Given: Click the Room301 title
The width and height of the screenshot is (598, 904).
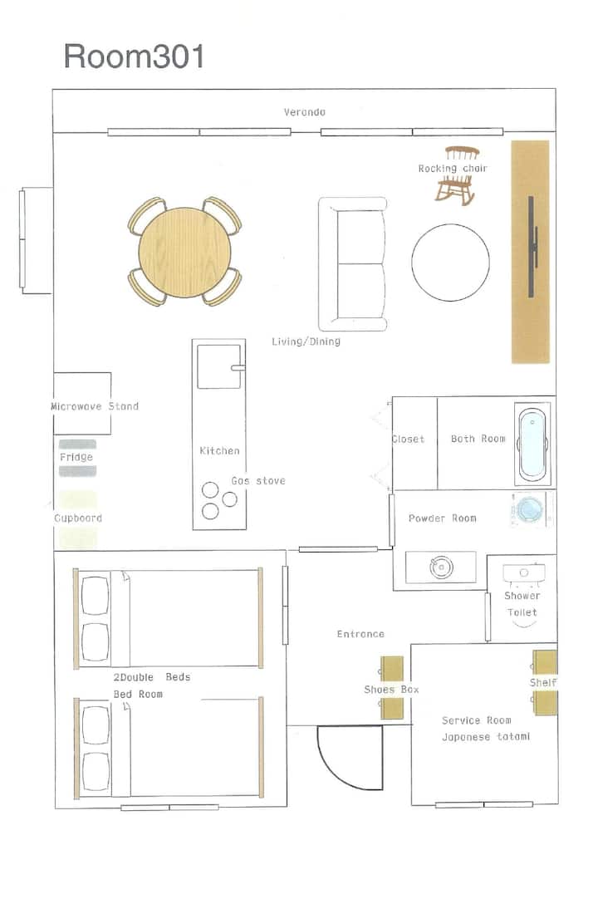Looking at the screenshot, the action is [x=134, y=56].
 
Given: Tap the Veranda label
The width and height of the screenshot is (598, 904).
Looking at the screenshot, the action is [x=304, y=112].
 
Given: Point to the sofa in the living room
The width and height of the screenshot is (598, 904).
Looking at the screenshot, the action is [x=353, y=264].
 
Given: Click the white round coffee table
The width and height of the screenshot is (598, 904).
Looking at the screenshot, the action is [x=450, y=263].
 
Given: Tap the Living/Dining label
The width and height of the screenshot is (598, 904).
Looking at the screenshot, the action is [x=306, y=341].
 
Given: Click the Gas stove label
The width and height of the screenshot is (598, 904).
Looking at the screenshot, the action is [x=258, y=480].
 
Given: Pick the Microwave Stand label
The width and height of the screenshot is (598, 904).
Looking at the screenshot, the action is [x=95, y=406].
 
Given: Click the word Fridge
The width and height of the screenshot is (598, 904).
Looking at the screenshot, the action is [x=76, y=457].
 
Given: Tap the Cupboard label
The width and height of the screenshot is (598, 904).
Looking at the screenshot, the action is [x=78, y=518].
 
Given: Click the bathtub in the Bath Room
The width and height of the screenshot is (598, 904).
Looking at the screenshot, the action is [x=532, y=444].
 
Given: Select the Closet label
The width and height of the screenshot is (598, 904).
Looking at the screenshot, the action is [x=408, y=439].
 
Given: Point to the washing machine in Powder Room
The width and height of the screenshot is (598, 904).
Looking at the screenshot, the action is [x=528, y=509].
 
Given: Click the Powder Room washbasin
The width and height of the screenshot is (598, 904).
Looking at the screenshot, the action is [x=441, y=567].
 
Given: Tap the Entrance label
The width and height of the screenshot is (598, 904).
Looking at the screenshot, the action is [x=360, y=634].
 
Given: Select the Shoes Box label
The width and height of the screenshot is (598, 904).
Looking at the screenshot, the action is [x=392, y=690].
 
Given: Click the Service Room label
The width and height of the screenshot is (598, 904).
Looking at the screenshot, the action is [x=477, y=720].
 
